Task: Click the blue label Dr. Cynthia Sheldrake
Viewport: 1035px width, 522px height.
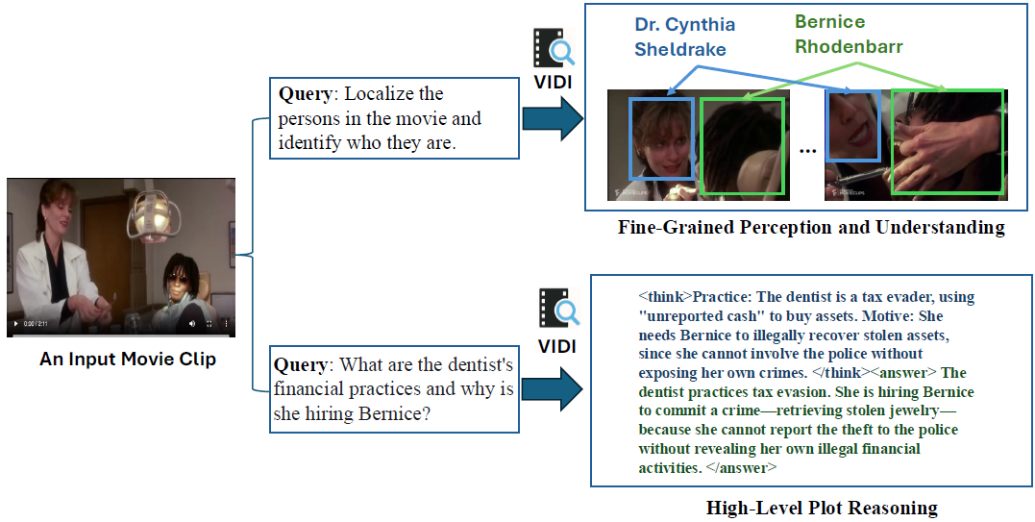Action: pyautogui.click(x=683, y=36)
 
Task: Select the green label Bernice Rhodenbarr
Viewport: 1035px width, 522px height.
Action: pyautogui.click(x=849, y=35)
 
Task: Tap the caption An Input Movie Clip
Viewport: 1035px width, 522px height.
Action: pyautogui.click(x=128, y=360)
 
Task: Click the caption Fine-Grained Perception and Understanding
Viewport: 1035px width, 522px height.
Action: pyautogui.click(x=811, y=228)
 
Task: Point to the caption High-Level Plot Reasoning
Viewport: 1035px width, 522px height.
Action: pyautogui.click(x=822, y=508)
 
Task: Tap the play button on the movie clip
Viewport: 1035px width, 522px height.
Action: pyautogui.click(x=16, y=324)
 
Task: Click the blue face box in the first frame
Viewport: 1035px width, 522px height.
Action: pyautogui.click(x=660, y=138)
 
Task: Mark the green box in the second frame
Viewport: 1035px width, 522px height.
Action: pyautogui.click(x=948, y=142)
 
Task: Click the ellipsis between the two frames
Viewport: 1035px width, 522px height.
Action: pyautogui.click(x=807, y=151)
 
